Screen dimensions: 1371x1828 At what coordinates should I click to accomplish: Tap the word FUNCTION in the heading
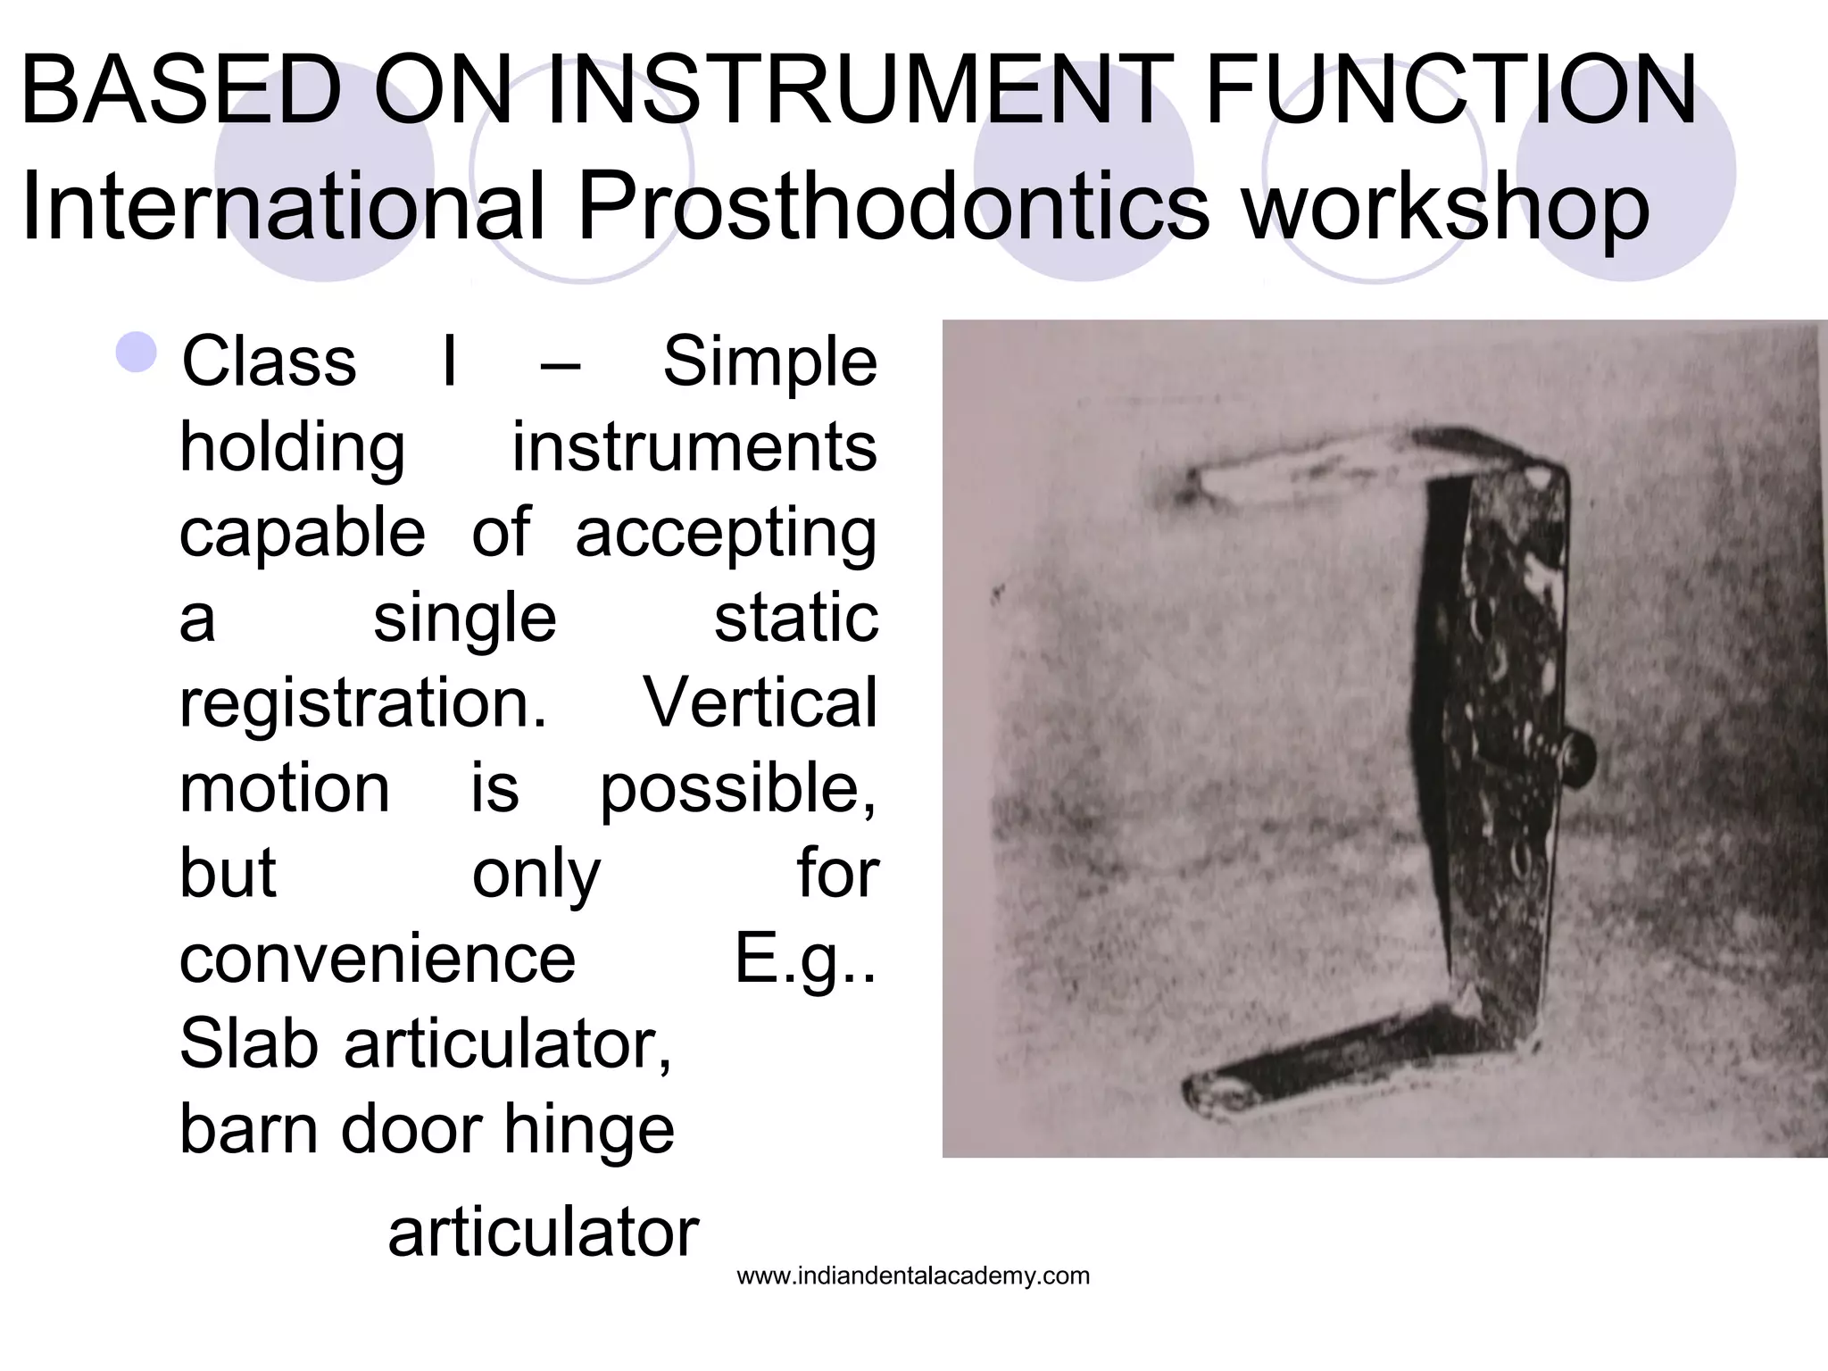pyautogui.click(x=1450, y=90)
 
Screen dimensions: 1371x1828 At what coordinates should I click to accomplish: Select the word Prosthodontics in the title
pyautogui.click(x=893, y=207)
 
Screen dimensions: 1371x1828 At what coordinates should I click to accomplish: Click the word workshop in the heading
pyautogui.click(x=1446, y=207)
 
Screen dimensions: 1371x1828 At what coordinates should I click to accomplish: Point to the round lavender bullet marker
pyautogui.click(x=137, y=352)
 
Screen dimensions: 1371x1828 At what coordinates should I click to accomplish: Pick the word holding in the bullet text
pyautogui.click(x=293, y=448)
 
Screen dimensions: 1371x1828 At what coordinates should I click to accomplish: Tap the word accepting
pyautogui.click(x=726, y=534)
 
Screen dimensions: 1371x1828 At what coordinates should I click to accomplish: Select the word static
pyautogui.click(x=795, y=619)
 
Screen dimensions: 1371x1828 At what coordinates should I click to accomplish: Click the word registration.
pyautogui.click(x=363, y=704)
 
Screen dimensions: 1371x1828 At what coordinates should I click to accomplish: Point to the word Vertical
pyautogui.click(x=760, y=704)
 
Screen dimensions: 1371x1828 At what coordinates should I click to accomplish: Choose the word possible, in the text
pyautogui.click(x=737, y=790)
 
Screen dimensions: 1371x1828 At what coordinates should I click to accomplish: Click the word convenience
pyautogui.click(x=378, y=960)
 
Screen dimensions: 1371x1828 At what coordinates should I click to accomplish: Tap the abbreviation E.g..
pyautogui.click(x=804, y=960)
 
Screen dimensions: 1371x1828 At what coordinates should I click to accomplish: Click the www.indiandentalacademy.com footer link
pyautogui.click(x=913, y=1276)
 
